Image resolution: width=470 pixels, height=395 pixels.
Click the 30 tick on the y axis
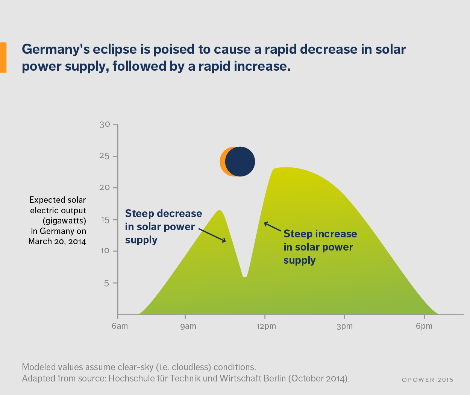(105, 125)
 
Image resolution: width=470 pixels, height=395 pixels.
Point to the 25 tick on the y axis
(105, 156)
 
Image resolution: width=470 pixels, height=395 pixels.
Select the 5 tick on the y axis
(106, 283)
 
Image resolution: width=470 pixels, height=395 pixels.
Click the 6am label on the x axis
(120, 326)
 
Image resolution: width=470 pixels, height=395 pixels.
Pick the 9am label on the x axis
(188, 326)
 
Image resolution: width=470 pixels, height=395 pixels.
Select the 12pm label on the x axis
(266, 326)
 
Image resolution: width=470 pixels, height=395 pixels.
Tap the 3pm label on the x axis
(345, 326)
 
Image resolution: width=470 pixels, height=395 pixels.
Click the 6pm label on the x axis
(424, 326)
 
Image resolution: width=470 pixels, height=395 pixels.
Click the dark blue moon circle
(241, 161)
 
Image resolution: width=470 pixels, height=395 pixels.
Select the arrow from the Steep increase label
(273, 226)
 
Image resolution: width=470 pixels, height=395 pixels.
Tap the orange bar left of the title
(3, 57)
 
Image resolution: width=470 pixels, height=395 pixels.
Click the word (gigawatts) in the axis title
(64, 220)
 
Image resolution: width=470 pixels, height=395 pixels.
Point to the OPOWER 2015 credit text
(428, 380)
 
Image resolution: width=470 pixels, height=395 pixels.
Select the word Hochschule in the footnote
(138, 378)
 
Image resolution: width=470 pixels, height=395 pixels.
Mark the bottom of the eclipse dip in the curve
(245, 277)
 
